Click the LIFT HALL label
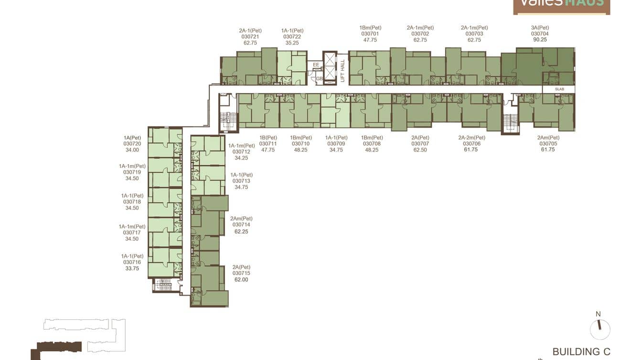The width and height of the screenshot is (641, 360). [x=342, y=70]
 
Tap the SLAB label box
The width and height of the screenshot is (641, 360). [x=559, y=89]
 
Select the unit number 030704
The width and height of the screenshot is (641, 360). [x=540, y=34]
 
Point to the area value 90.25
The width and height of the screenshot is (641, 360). [x=540, y=40]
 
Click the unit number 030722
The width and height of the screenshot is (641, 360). [x=292, y=37]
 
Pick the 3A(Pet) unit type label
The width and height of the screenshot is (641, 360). [x=540, y=28]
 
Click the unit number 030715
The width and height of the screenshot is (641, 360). [x=241, y=274]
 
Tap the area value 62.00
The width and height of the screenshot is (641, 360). [x=241, y=280]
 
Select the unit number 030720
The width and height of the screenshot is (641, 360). [x=132, y=144]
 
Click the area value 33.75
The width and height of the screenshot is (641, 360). [x=132, y=268]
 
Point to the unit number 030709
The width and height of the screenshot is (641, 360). [x=336, y=144]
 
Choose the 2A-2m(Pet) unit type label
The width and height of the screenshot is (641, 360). [x=471, y=138]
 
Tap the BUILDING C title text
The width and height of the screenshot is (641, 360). [x=581, y=352]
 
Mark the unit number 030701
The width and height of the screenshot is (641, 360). [x=370, y=34]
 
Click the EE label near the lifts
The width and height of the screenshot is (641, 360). [x=316, y=64]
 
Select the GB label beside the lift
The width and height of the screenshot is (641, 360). [x=319, y=79]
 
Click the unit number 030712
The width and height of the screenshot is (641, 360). [x=241, y=152]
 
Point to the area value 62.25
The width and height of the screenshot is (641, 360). [x=241, y=232]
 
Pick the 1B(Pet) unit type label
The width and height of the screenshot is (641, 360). [x=268, y=138]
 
